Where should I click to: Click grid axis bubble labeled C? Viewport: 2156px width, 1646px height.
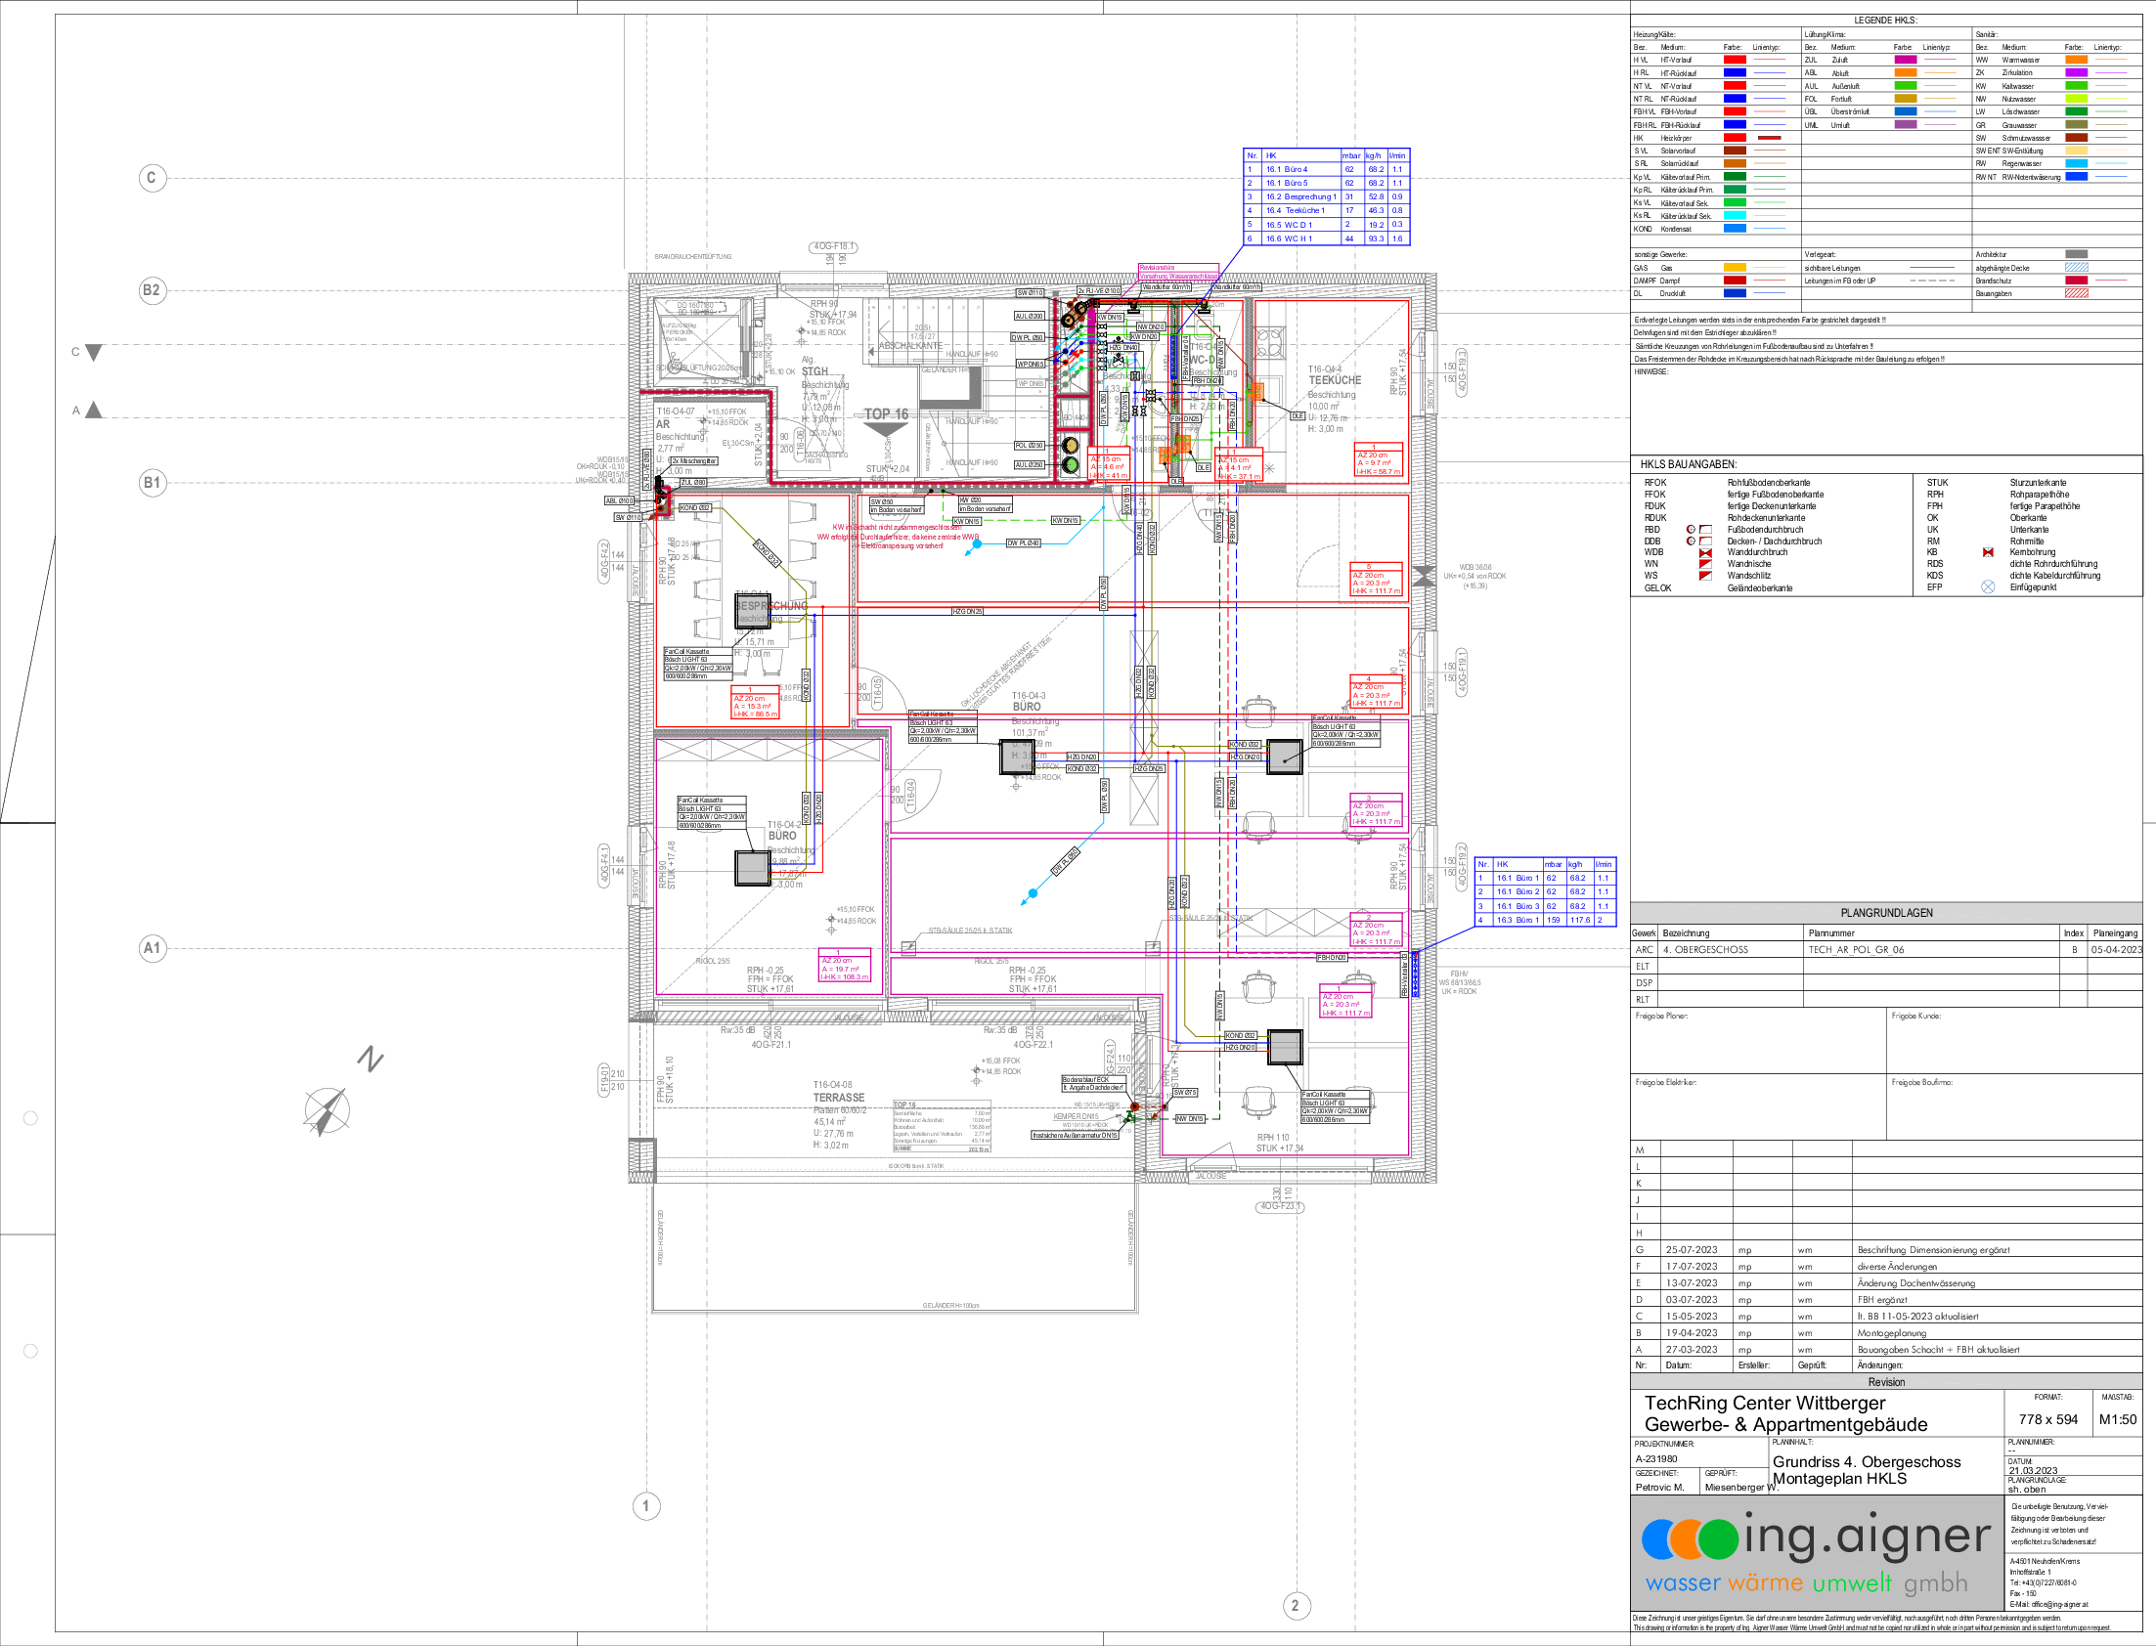[152, 178]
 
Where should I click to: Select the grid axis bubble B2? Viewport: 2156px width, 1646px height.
[152, 291]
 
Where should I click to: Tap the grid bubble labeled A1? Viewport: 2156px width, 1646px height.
[152, 948]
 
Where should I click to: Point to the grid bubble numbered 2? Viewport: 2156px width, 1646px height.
[1296, 1605]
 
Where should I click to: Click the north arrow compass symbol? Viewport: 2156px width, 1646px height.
[327, 1110]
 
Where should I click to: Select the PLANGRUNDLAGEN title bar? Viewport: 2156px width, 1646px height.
[1885, 913]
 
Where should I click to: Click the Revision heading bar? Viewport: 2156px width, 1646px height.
[1885, 1381]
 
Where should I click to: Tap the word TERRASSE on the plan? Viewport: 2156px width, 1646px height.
[839, 1098]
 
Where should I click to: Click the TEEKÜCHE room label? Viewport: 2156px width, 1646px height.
[1335, 379]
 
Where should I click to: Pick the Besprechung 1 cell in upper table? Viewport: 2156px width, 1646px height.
[1300, 196]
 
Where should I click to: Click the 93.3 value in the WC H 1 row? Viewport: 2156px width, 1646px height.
[1376, 238]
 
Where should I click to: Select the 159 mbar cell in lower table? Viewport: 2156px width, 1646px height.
[1554, 920]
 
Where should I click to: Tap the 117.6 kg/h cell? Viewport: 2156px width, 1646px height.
[1580, 920]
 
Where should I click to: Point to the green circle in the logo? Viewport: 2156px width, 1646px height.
[1718, 1539]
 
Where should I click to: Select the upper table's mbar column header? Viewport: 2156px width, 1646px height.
[1351, 155]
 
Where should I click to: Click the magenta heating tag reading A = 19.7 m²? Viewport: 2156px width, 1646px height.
[844, 968]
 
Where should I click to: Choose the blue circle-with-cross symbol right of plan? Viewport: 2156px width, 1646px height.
[1988, 586]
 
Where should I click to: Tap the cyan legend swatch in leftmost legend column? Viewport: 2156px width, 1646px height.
[1735, 216]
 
